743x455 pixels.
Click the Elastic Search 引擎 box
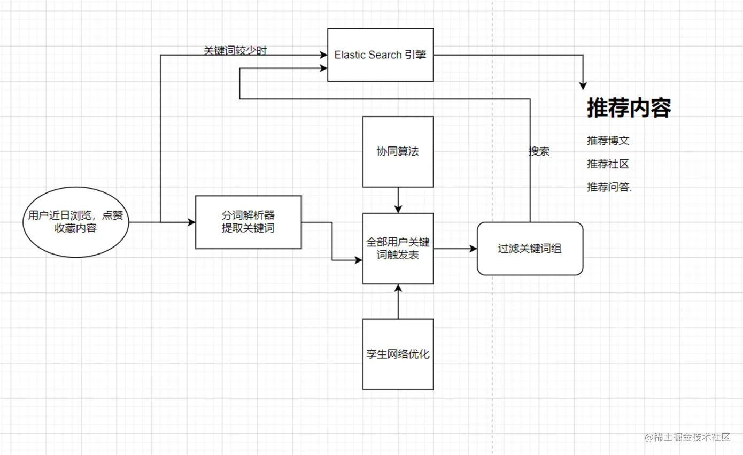coord(380,55)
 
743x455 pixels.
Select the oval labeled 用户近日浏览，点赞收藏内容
coord(75,222)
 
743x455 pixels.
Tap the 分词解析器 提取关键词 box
coord(248,222)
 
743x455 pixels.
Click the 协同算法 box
coord(398,151)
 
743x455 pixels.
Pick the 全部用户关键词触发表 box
coord(398,248)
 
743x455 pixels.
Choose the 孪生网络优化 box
coord(398,354)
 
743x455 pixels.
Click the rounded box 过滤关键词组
coord(529,249)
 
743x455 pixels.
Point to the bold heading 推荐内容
coord(629,107)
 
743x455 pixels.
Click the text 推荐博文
coord(608,141)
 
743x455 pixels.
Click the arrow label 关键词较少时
coord(235,51)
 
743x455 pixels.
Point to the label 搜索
coord(539,151)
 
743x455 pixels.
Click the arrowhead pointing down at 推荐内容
coord(583,86)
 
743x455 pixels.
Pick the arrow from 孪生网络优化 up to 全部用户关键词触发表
coord(398,302)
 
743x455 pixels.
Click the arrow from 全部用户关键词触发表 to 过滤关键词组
coord(455,249)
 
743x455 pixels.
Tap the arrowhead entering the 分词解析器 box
coord(191,222)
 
